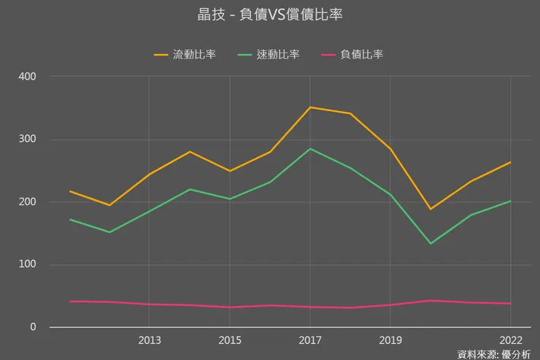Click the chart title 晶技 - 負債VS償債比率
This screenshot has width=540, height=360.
click(270, 15)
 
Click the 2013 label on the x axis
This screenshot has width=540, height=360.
click(150, 340)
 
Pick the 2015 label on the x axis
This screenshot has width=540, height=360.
click(230, 340)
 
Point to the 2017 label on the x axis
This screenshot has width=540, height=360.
click(310, 340)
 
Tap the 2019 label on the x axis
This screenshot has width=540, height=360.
click(390, 340)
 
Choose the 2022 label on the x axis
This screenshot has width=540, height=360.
click(510, 340)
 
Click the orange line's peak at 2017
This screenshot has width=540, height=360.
click(310, 107)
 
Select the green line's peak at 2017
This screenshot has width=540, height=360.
click(310, 149)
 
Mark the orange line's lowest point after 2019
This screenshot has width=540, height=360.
click(431, 209)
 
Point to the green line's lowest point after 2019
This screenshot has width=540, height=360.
click(431, 243)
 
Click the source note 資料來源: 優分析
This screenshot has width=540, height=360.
click(494, 354)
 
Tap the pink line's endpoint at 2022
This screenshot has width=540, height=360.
click(510, 304)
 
